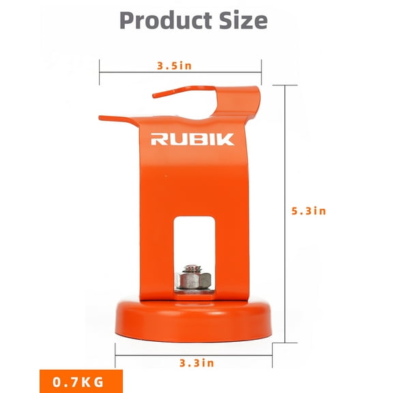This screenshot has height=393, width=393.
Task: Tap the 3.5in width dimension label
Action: (x=175, y=66)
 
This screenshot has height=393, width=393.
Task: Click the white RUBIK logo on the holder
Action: (x=192, y=139)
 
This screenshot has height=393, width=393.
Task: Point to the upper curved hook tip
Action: (x=156, y=94)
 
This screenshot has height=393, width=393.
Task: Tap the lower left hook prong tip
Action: (x=102, y=117)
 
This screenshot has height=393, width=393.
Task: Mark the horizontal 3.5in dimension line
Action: (x=130, y=66)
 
